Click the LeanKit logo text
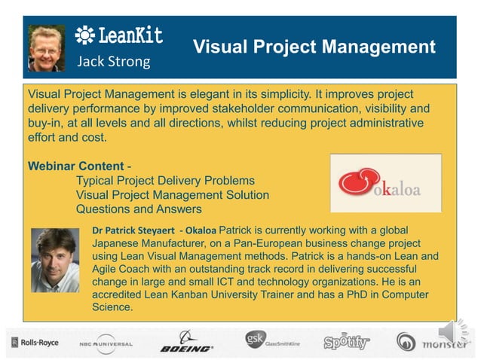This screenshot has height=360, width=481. (119, 36)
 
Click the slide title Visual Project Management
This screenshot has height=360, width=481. (314, 47)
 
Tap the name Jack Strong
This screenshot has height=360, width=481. (113, 62)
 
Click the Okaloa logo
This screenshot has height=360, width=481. (385, 183)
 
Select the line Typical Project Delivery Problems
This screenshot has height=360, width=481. (165, 181)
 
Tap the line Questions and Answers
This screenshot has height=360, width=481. (139, 209)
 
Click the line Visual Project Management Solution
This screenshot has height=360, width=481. (173, 195)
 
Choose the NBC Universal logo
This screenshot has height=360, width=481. (106, 344)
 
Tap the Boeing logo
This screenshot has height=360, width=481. (186, 343)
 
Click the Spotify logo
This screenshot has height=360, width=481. (346, 343)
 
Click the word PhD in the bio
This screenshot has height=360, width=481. (350, 294)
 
